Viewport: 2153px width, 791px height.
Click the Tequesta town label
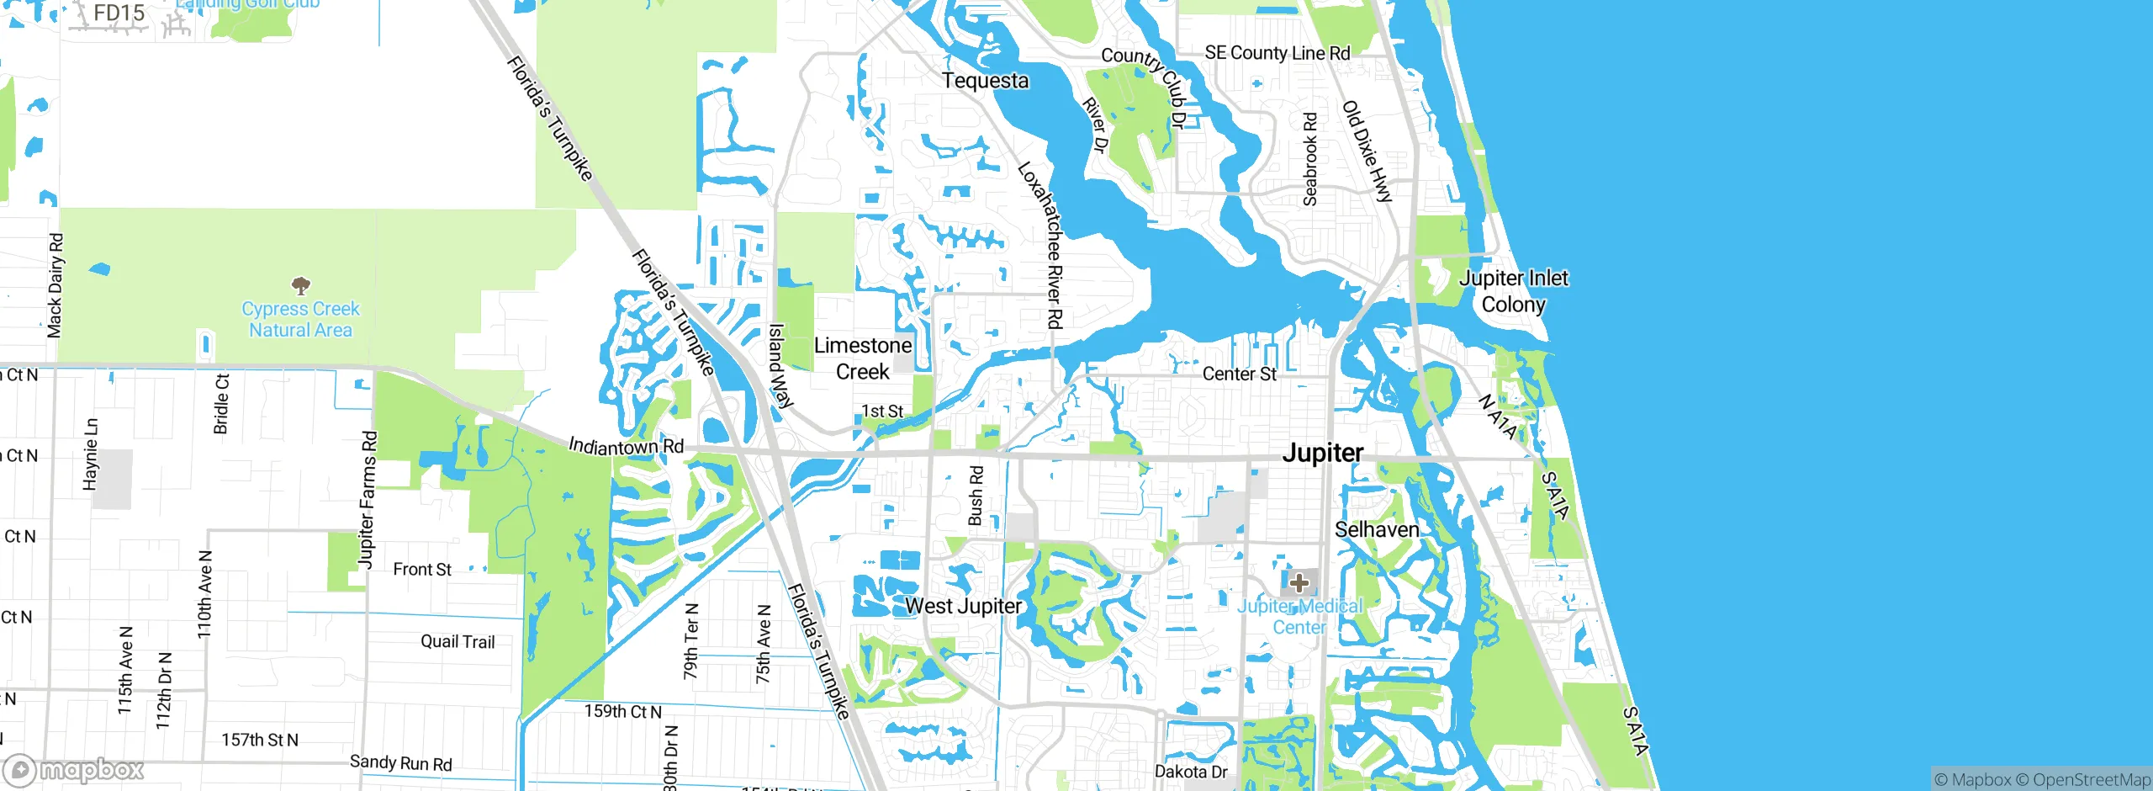(x=985, y=81)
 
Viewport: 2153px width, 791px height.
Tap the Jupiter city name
(x=1322, y=453)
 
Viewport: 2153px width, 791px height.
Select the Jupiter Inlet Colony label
(x=1513, y=291)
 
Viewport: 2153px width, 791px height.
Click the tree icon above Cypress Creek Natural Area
(x=300, y=286)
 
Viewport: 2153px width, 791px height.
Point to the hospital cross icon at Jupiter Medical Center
(x=1299, y=582)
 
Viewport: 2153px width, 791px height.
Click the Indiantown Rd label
(x=626, y=446)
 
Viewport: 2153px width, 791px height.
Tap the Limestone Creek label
(x=863, y=358)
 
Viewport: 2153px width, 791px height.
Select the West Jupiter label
(x=963, y=606)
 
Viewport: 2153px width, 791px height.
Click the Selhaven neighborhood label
(x=1377, y=529)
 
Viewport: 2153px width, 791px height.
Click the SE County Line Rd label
(x=1277, y=53)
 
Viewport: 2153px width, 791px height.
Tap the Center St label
(x=1239, y=374)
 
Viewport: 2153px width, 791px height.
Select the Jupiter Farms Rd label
(x=368, y=500)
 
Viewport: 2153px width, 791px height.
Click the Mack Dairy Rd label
(x=55, y=286)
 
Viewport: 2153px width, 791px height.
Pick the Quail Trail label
(x=458, y=642)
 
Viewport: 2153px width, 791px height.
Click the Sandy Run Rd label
(x=400, y=763)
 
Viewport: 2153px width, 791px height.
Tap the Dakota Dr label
(x=1190, y=772)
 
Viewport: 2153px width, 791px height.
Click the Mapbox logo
(x=74, y=769)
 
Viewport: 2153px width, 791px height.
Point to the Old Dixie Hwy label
(x=1367, y=151)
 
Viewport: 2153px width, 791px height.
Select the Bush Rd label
(x=976, y=496)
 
